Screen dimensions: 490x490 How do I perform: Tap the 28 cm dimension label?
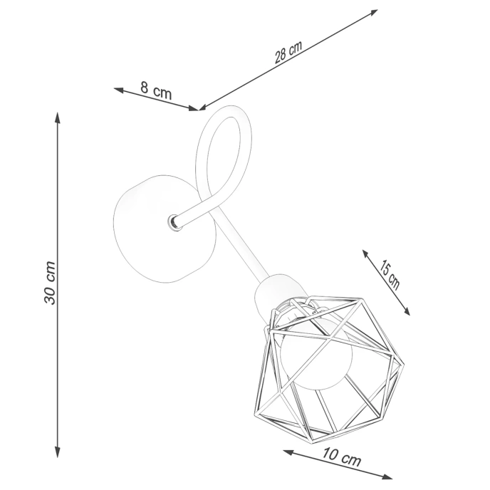(x=289, y=53)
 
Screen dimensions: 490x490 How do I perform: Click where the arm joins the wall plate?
(x=174, y=222)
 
